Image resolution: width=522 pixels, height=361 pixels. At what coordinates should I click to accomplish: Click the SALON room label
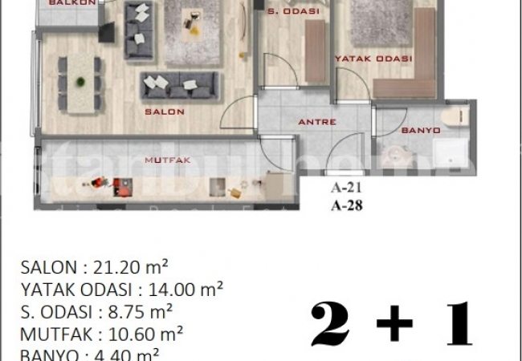(x=165, y=112)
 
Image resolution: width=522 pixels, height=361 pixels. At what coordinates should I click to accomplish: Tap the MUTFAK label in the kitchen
(x=166, y=160)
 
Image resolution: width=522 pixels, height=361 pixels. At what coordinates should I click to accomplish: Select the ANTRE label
(x=316, y=123)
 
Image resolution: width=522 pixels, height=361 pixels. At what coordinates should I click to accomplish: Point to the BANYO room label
(x=420, y=130)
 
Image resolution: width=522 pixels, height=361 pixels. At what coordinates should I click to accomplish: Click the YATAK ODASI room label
(x=373, y=59)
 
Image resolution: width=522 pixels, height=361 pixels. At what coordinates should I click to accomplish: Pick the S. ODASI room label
(x=293, y=12)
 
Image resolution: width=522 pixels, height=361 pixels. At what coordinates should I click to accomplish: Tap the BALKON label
(x=72, y=3)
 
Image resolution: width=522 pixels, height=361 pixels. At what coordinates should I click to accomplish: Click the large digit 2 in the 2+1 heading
(x=330, y=325)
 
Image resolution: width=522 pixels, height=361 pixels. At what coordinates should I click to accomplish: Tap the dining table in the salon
(x=81, y=81)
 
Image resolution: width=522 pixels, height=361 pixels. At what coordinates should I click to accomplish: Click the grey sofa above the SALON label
(x=180, y=84)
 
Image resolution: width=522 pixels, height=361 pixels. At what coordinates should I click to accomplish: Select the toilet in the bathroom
(x=459, y=116)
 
